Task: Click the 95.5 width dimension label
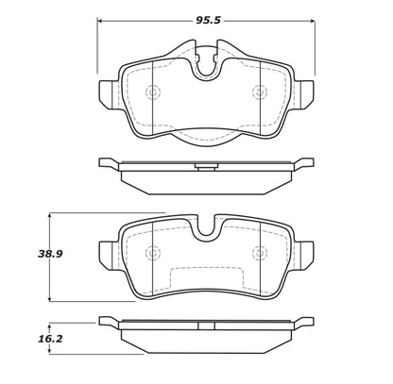(x=205, y=17)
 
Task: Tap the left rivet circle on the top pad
(x=153, y=92)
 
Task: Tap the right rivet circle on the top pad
(x=259, y=92)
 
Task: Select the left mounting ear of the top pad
(x=108, y=91)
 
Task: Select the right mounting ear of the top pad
(x=303, y=91)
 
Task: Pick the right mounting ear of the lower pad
(x=303, y=253)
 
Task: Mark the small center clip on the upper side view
(x=205, y=169)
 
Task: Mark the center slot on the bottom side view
(x=205, y=326)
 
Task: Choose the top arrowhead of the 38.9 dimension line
(x=49, y=214)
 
